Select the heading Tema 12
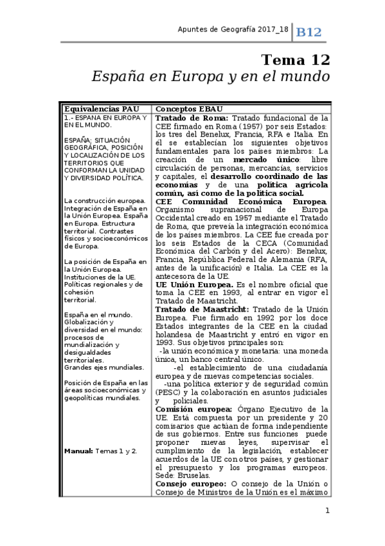click(x=295, y=60)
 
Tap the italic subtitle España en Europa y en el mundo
click(x=211, y=76)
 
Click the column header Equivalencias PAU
click(x=99, y=109)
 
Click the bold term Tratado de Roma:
click(x=192, y=118)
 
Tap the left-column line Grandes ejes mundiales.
click(x=103, y=367)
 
